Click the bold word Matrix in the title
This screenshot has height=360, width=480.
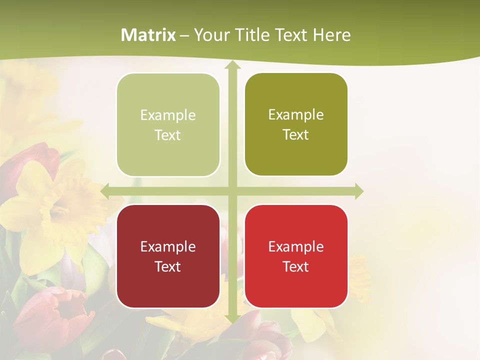(148, 35)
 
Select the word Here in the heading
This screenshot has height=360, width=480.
(331, 35)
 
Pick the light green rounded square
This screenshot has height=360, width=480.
(168, 124)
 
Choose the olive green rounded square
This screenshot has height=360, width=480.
(296, 124)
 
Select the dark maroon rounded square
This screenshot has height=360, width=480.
(168, 256)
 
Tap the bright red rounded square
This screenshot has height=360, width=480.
(296, 256)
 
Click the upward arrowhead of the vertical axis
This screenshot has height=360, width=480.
(232, 65)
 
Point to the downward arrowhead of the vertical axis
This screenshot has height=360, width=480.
(232, 318)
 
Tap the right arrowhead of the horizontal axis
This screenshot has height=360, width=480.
(358, 191)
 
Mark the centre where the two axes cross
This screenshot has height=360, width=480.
(232, 191)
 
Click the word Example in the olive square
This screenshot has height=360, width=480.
(296, 114)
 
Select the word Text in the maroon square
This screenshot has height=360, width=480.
(168, 266)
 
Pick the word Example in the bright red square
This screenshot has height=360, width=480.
(296, 246)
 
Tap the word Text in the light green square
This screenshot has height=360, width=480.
(168, 135)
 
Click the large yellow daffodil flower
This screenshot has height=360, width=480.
(55, 210)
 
